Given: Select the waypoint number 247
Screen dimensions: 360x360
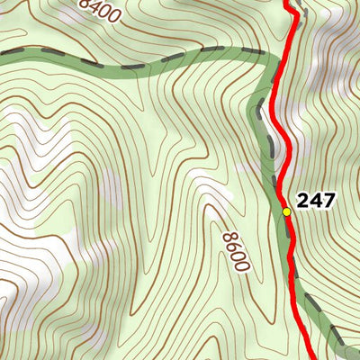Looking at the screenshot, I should [316, 201].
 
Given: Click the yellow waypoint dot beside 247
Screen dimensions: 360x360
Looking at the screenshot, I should [286, 211].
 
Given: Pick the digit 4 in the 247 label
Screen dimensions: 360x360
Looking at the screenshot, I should [316, 201].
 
